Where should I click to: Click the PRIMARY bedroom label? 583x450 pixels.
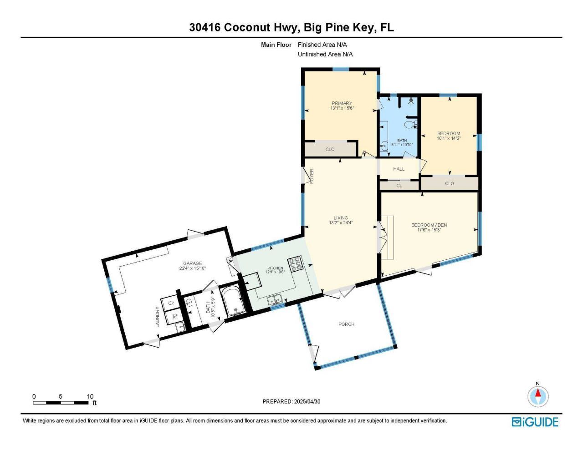pyautogui.click(x=342, y=103)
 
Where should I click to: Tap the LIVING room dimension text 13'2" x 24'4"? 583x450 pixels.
pyautogui.click(x=341, y=223)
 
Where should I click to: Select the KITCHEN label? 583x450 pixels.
pyautogui.click(x=275, y=268)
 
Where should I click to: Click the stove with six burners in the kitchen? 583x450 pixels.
pyautogui.click(x=295, y=264)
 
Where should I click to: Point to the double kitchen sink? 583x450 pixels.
pyautogui.click(x=275, y=300)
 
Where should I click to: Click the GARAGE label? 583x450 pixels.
pyautogui.click(x=192, y=263)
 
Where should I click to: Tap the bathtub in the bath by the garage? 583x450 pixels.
pyautogui.click(x=233, y=301)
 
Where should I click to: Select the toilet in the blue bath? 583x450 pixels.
pyautogui.click(x=410, y=124)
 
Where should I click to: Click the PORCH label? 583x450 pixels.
pyautogui.click(x=346, y=324)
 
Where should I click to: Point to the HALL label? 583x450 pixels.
pyautogui.click(x=399, y=169)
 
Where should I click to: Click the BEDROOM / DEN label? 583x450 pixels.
pyautogui.click(x=429, y=225)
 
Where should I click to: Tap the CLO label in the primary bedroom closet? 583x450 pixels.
pyautogui.click(x=330, y=149)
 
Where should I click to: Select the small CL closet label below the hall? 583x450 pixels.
pyautogui.click(x=399, y=186)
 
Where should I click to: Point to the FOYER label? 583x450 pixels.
pyautogui.click(x=312, y=176)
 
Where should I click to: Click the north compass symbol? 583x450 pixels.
pyautogui.click(x=538, y=395)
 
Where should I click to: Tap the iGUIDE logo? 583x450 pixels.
pyautogui.click(x=535, y=422)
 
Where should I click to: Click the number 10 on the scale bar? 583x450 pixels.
pyautogui.click(x=90, y=396)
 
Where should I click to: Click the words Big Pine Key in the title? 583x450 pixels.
pyautogui.click(x=339, y=27)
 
